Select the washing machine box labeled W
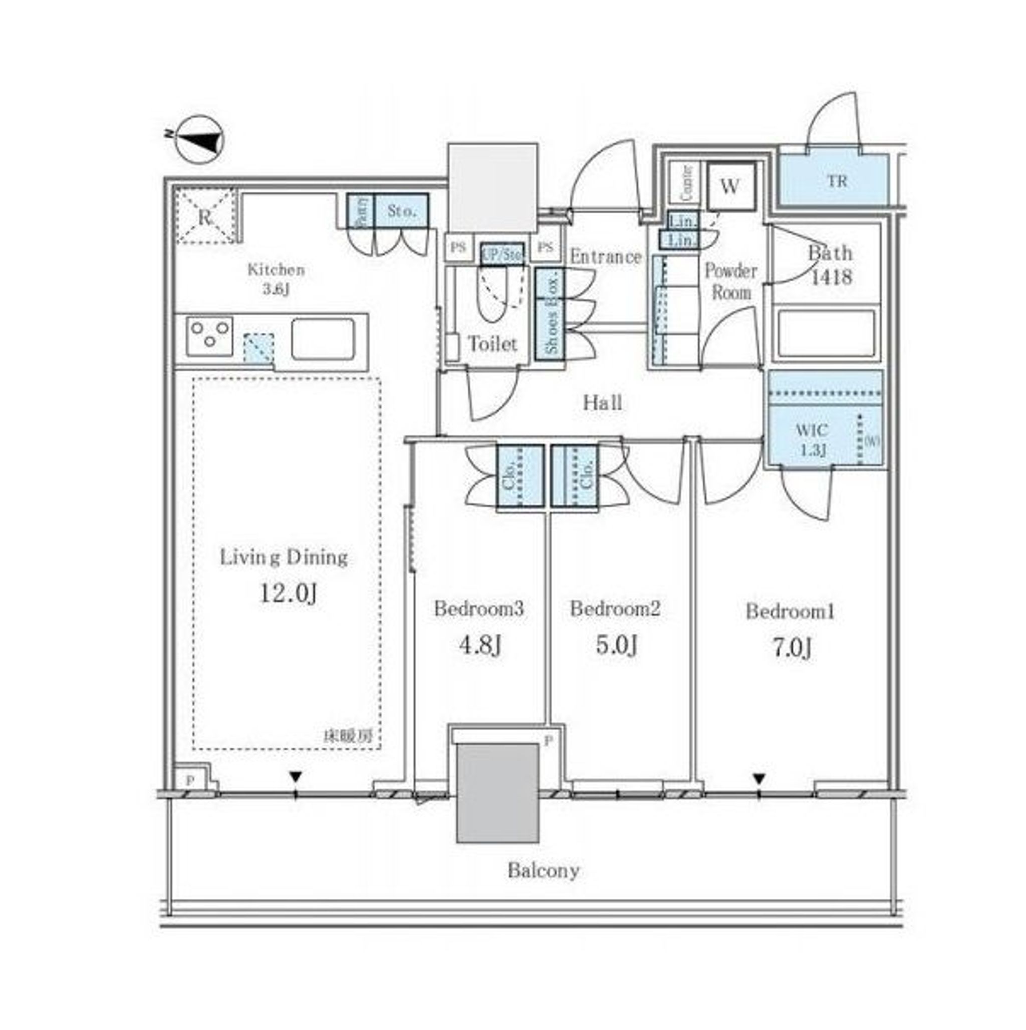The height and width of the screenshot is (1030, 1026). tap(730, 187)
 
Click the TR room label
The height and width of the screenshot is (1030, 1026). tap(836, 181)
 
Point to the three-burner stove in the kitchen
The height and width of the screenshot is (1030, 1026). tap(210, 336)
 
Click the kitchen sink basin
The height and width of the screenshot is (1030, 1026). tap(322, 339)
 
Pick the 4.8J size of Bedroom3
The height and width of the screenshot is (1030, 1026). tap(479, 646)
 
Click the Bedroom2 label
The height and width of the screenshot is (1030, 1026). tap(615, 608)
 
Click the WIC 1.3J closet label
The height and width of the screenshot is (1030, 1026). tap(812, 439)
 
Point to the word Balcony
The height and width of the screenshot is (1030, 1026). tap(543, 871)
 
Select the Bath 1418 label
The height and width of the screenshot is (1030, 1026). tap(830, 265)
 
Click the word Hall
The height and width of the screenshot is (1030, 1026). tap(602, 402)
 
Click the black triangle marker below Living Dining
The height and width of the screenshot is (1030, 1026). tap(295, 777)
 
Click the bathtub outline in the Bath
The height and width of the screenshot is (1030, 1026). tap(826, 334)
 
